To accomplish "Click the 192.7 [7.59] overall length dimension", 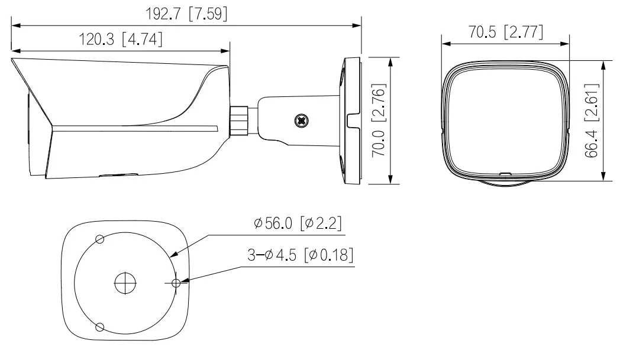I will (186, 13).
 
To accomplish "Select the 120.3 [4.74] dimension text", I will (121, 40).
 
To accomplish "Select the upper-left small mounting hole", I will (99, 239).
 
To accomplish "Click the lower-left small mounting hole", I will (99, 326).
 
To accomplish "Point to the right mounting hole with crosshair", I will (176, 283).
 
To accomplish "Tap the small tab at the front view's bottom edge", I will (505, 174).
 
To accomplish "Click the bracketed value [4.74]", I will (141, 40).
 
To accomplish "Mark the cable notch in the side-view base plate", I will (353, 121).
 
